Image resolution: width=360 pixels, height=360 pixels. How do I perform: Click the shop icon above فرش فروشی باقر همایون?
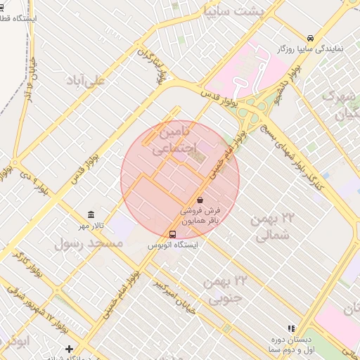coord(200,200)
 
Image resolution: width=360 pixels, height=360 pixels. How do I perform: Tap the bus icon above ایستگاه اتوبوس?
coord(174,234)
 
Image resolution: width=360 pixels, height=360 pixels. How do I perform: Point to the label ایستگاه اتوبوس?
coord(173,245)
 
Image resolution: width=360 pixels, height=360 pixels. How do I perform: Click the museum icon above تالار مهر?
coord(90,214)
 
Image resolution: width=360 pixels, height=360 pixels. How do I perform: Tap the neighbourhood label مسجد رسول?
coord(89,243)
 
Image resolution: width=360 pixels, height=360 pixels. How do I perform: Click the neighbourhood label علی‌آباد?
coord(84,80)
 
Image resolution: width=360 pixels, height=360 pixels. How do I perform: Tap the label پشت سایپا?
coord(233,11)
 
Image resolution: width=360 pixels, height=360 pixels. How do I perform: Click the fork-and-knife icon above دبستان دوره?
coord(290,328)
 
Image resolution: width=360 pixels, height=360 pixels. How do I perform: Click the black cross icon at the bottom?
coord(69,349)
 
